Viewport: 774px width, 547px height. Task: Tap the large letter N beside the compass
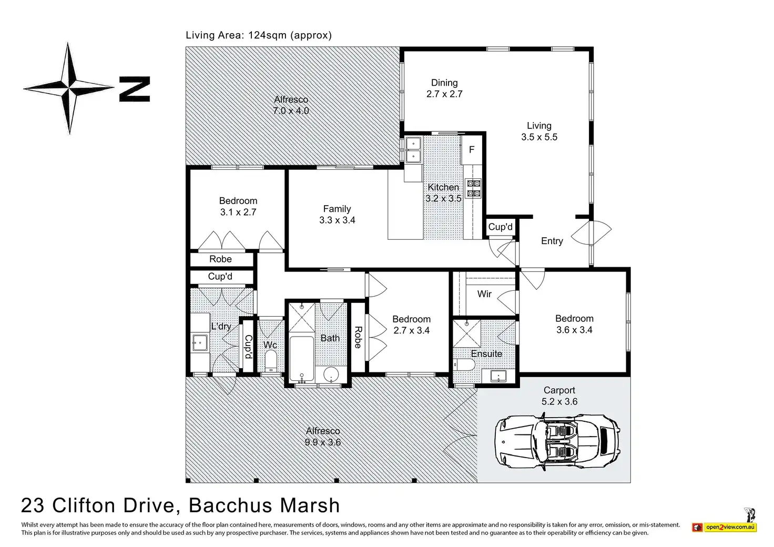[135, 89]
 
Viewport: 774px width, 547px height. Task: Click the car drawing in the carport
[557, 441]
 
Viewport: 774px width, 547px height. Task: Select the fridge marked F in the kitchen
[472, 149]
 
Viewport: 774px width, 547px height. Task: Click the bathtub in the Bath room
[302, 358]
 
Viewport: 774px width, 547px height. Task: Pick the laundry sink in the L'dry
[200, 343]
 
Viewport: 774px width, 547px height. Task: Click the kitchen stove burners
[473, 188]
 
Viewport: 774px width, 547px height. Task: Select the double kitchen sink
[413, 149]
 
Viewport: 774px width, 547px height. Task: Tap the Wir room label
[484, 294]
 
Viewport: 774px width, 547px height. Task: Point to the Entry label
[552, 241]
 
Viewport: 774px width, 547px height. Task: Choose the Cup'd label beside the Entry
[500, 227]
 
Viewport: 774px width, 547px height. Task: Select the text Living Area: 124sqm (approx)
[259, 35]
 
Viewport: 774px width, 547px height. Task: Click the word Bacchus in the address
[231, 505]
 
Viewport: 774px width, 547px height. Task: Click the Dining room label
[444, 83]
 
